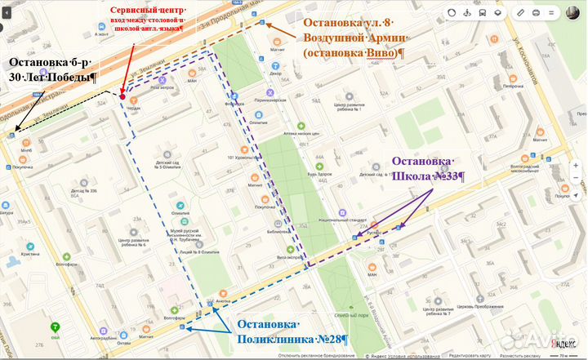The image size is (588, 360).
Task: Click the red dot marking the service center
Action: [x=122, y=96]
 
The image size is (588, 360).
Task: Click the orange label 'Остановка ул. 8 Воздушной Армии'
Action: [x=354, y=38]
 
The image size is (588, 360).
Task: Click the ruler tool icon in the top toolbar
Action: [x=520, y=13]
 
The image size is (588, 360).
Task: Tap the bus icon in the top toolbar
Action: [x=483, y=13]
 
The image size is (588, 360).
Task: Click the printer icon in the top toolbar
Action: [x=540, y=13]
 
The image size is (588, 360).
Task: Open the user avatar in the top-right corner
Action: [x=573, y=13]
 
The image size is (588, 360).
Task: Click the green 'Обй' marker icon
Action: [x=56, y=323]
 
